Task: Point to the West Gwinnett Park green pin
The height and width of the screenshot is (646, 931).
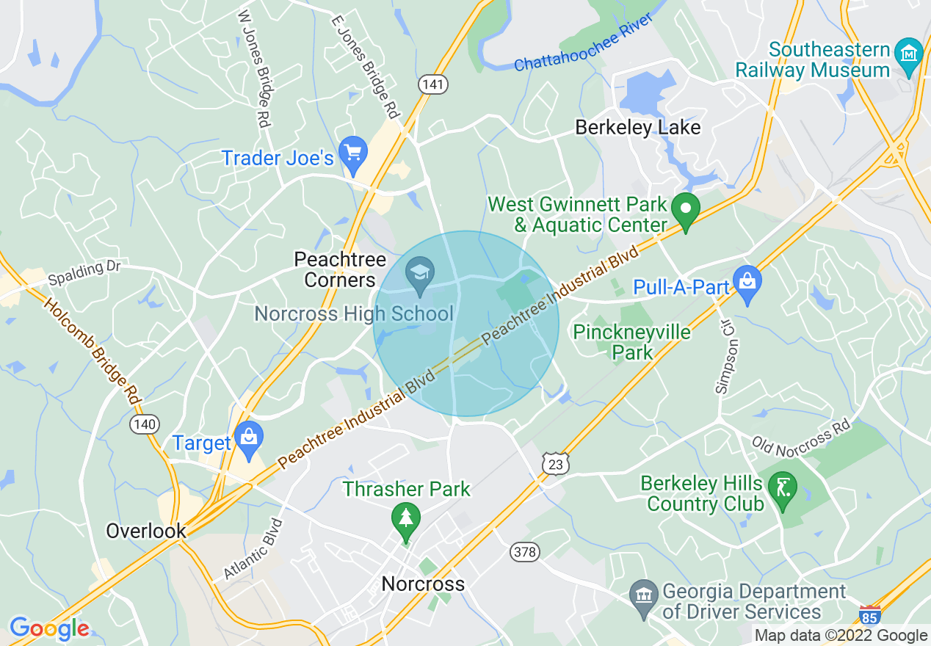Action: pyautogui.click(x=686, y=208)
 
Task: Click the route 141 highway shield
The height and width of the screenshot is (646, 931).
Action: pyautogui.click(x=433, y=85)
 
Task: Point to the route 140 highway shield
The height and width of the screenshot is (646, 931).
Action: pyautogui.click(x=144, y=424)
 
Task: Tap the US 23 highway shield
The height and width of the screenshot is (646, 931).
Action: pyautogui.click(x=557, y=463)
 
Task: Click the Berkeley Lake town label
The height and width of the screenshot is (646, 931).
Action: pyautogui.click(x=637, y=128)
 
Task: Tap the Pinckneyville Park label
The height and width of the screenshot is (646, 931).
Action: pyautogui.click(x=631, y=342)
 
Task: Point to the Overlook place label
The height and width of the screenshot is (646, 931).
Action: pyautogui.click(x=145, y=531)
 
